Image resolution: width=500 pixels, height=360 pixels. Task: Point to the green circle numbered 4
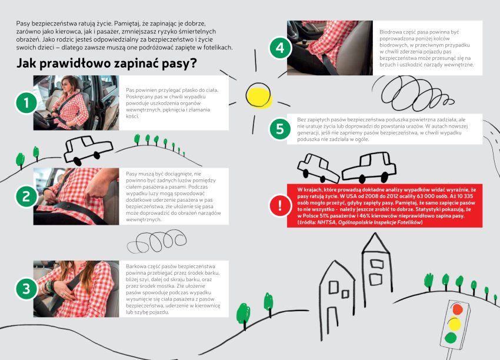[280, 48]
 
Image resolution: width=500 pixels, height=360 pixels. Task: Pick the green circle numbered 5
[280, 129]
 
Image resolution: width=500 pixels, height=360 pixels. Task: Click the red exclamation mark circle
[280, 206]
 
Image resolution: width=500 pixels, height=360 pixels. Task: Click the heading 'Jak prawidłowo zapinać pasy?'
[106, 64]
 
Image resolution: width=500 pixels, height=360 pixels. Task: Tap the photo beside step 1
[68, 103]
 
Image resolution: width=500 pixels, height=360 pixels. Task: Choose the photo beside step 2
[68, 196]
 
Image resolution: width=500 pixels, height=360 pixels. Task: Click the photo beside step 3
[68, 289]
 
